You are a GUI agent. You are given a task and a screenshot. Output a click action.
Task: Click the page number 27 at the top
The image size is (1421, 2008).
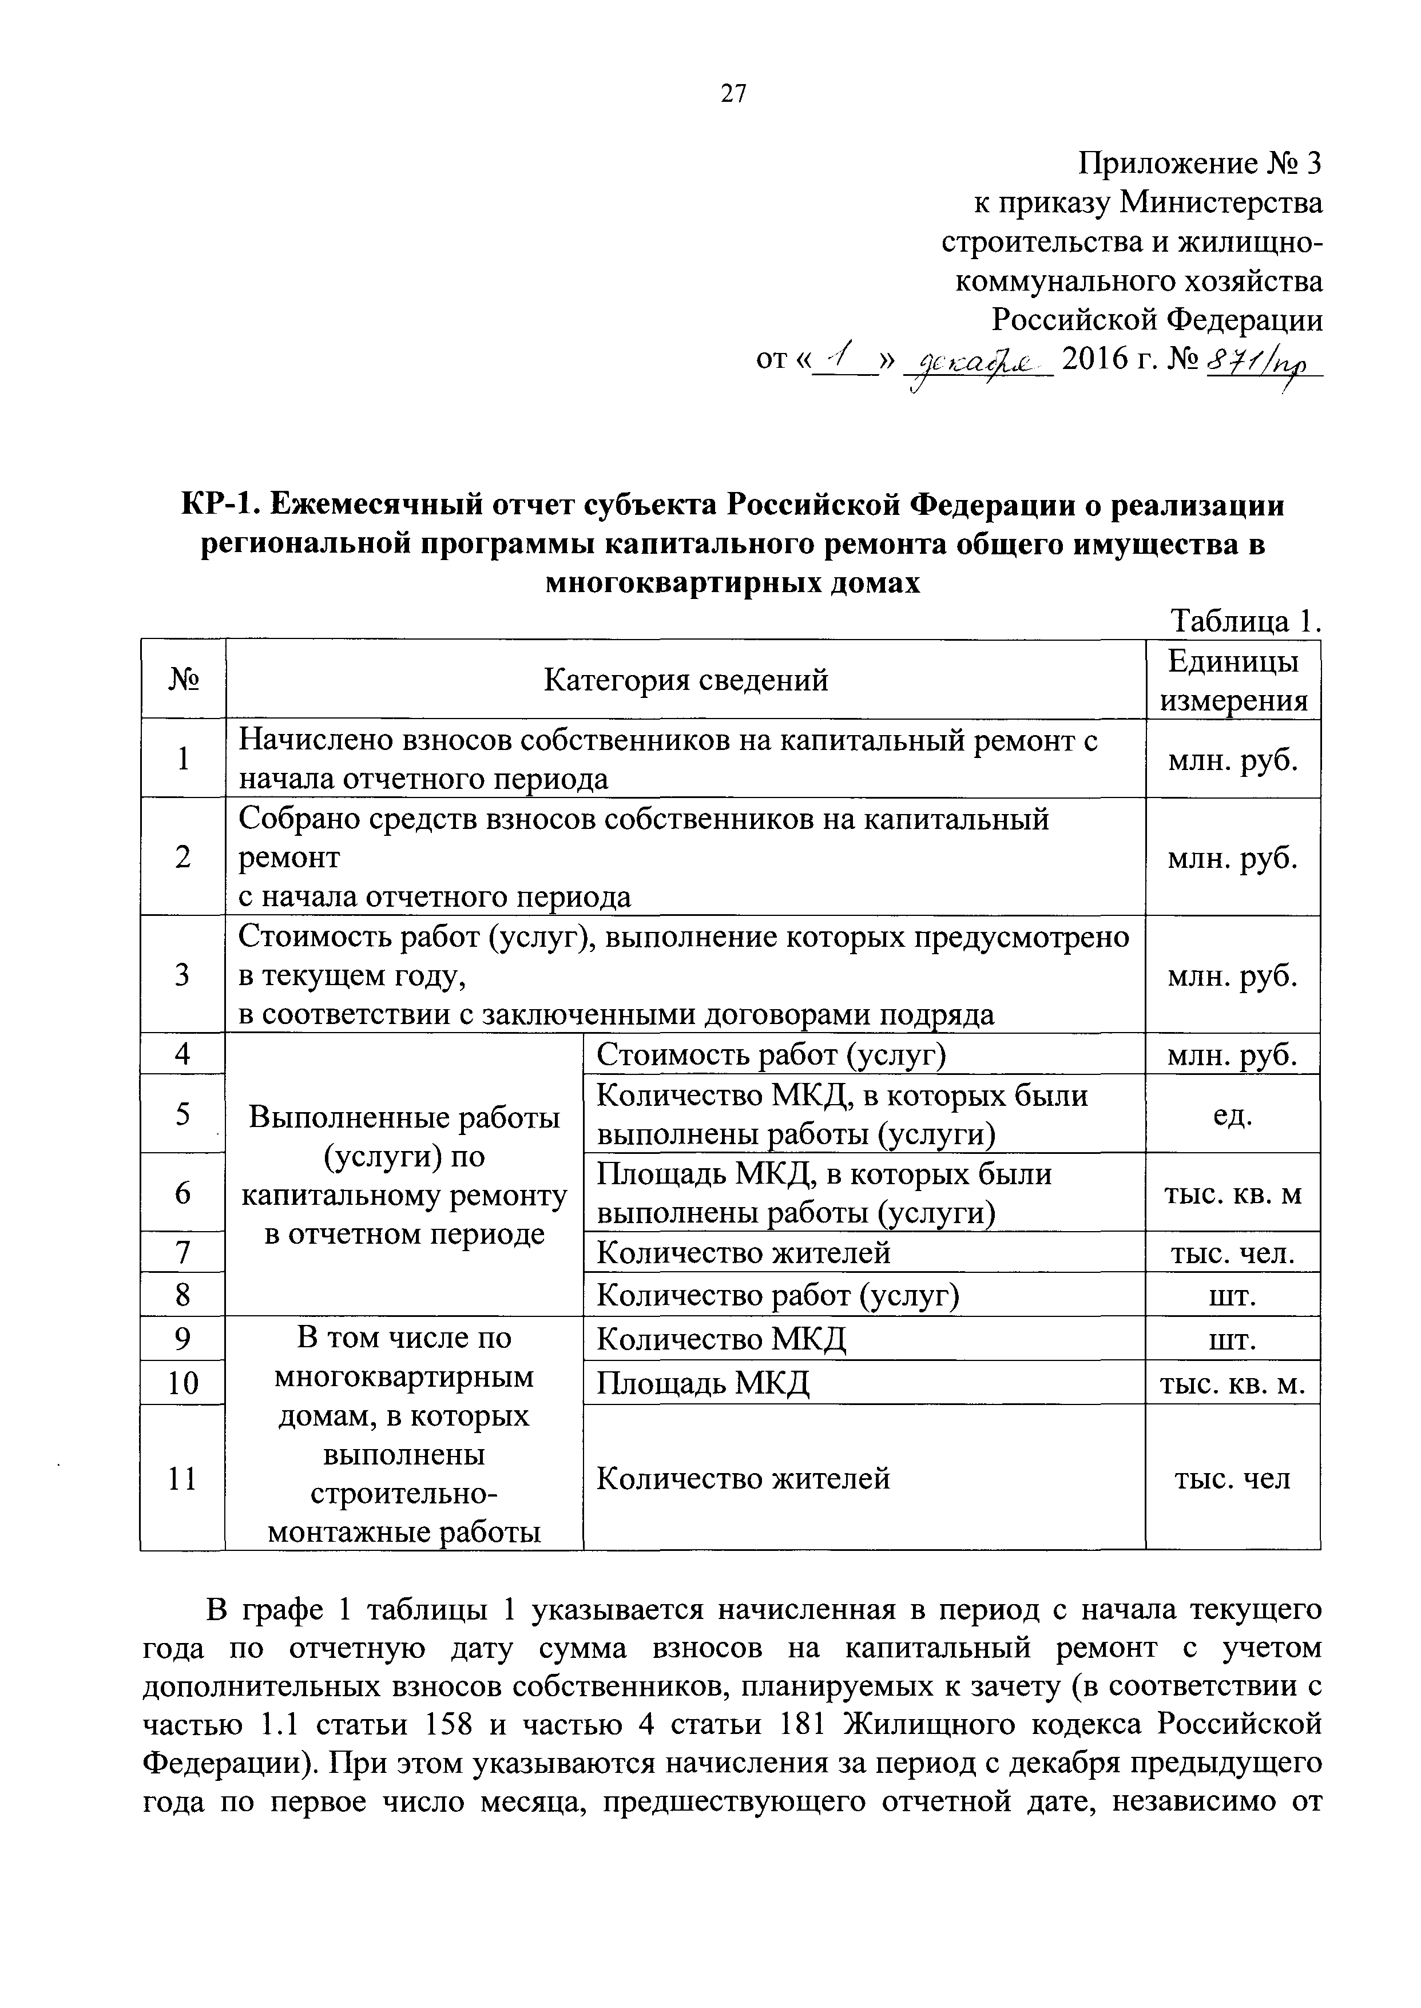(x=733, y=94)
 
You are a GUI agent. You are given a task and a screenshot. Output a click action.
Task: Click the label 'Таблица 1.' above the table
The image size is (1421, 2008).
(x=1244, y=621)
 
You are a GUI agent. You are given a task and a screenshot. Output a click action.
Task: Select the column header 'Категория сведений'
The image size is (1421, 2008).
(x=685, y=680)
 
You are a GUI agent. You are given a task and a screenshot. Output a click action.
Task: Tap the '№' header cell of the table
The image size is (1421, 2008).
(x=183, y=680)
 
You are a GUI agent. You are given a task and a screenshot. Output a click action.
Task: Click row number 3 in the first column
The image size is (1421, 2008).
(x=183, y=974)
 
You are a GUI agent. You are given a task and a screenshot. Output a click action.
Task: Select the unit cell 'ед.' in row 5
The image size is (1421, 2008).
(x=1232, y=1114)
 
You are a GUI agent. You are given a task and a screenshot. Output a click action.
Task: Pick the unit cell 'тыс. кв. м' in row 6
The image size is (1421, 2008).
(x=1232, y=1193)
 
